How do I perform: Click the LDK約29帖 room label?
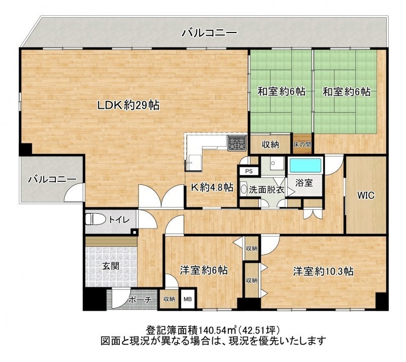tap(128, 105)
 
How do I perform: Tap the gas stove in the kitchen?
tap(237, 143)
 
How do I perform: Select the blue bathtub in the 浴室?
tap(306, 165)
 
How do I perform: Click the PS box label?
tap(249, 171)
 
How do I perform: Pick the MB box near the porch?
tap(187, 299)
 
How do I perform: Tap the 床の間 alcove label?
tap(302, 144)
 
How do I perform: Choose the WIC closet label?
tap(365, 195)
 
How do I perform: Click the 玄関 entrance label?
tap(111, 266)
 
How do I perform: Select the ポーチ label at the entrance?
tap(140, 300)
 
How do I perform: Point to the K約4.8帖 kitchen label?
tap(212, 187)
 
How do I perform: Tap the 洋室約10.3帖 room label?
tap(323, 271)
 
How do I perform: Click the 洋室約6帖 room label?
tap(204, 271)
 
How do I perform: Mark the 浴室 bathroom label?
tap(304, 183)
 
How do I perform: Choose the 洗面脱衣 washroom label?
tap(267, 190)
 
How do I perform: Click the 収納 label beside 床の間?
tap(270, 145)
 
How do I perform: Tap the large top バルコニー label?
tap(209, 33)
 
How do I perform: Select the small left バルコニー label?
tap(52, 179)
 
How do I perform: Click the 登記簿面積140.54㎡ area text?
tap(191, 330)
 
